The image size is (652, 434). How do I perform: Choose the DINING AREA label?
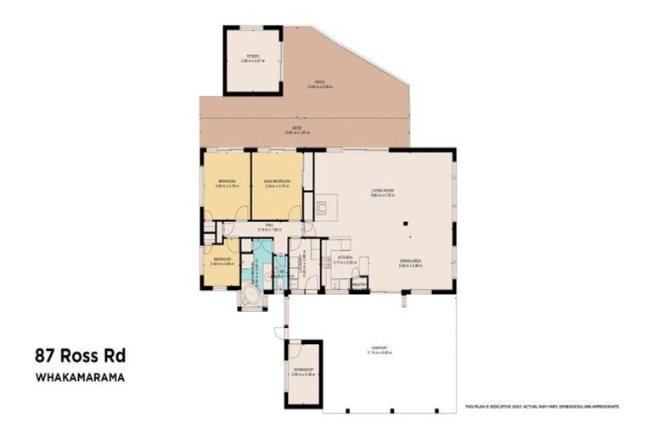click(412, 262)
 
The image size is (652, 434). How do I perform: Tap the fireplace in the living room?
click(325, 207)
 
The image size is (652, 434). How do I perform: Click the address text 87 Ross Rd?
click(80, 355)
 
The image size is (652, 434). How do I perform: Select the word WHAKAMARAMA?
click(80, 378)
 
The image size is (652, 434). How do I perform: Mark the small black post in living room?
click(407, 225)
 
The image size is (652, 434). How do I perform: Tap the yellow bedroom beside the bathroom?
click(222, 264)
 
